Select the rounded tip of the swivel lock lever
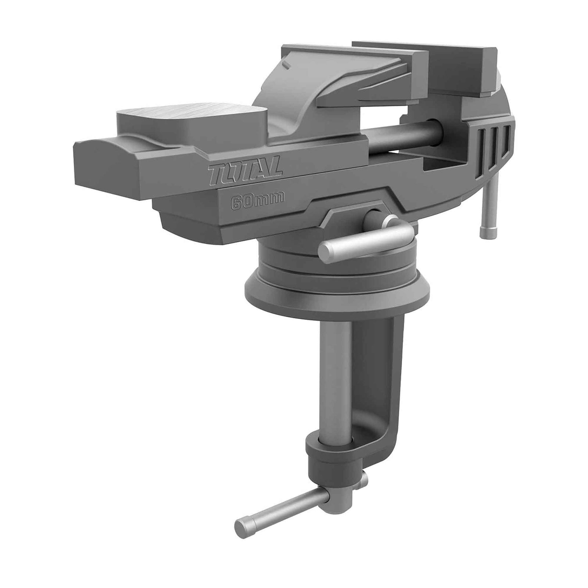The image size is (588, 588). [325, 251]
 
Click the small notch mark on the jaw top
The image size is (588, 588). [287, 65]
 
